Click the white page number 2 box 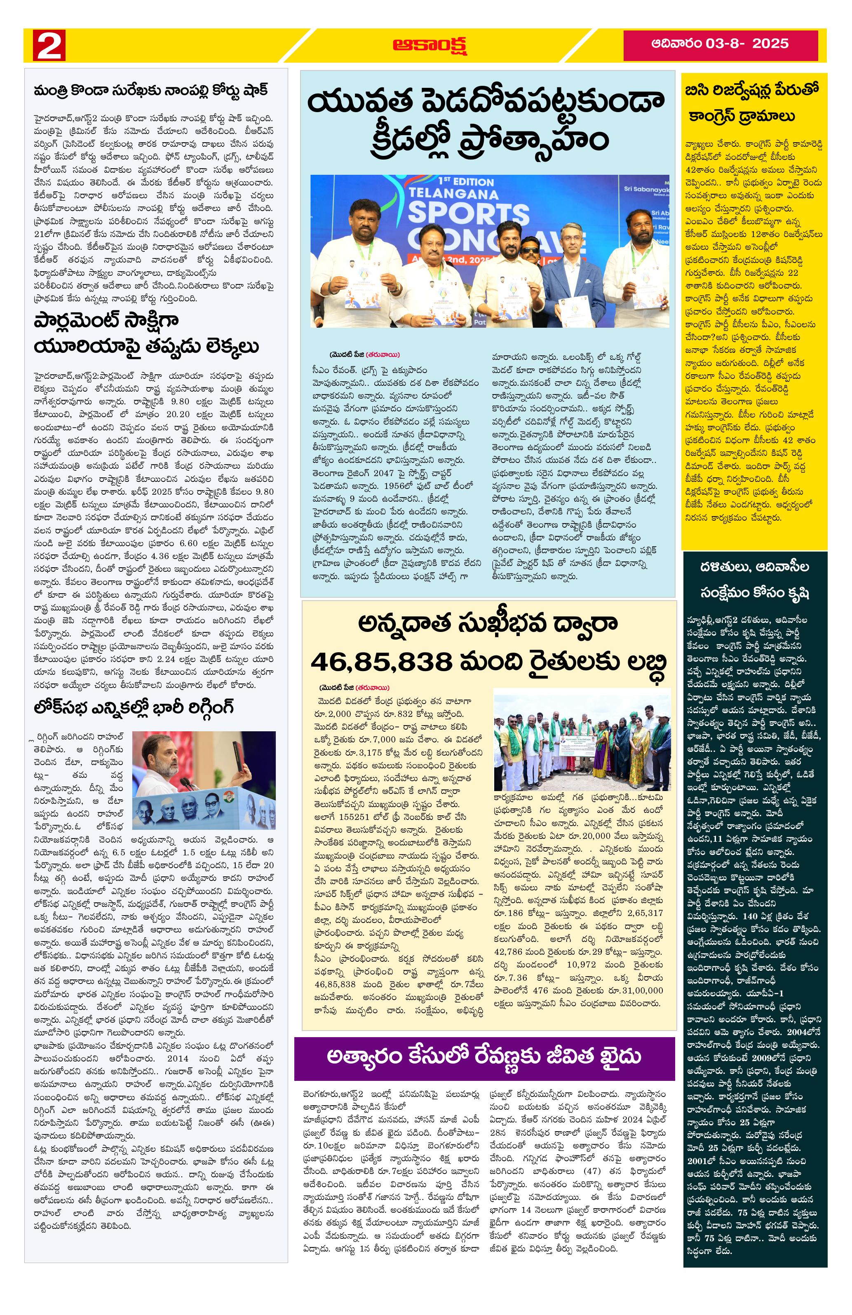pyautogui.click(x=49, y=45)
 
